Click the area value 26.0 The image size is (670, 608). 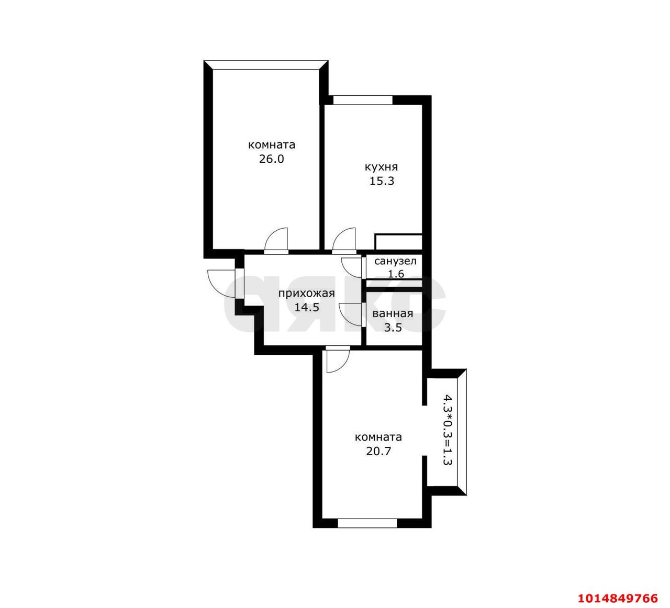point(271,159)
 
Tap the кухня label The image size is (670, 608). point(381,167)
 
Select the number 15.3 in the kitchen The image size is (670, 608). point(382,181)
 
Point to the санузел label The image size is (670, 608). point(395,262)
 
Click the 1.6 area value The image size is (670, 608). point(396,274)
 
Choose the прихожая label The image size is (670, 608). point(307,294)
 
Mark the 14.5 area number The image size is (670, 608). point(307,307)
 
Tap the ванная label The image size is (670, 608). point(393,314)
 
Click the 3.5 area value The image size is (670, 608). point(393,328)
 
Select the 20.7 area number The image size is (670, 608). point(378,452)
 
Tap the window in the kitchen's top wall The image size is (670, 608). point(363,100)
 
